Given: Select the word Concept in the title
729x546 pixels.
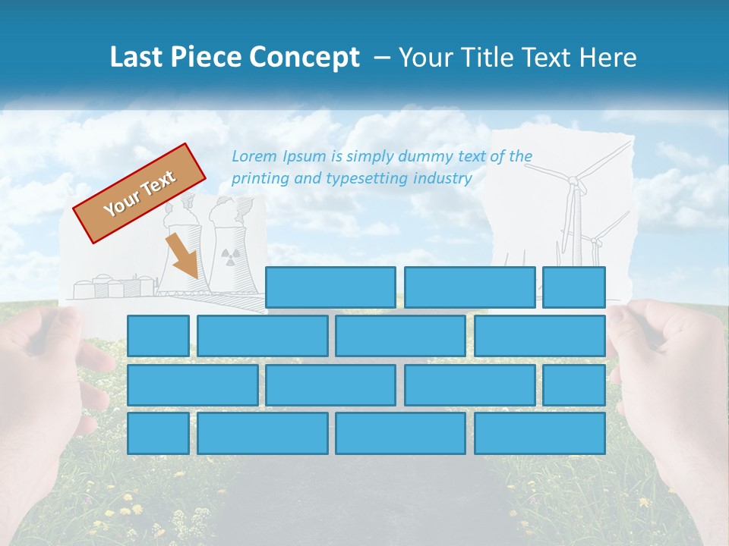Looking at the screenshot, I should (x=305, y=58).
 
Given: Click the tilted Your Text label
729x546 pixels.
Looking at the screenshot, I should (x=140, y=193).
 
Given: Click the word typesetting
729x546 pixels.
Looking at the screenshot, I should (x=367, y=179).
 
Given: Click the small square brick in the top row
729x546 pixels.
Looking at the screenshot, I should (x=574, y=287).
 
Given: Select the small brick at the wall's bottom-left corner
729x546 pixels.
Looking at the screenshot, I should (x=158, y=434).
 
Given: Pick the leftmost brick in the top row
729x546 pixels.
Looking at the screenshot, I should (x=330, y=287).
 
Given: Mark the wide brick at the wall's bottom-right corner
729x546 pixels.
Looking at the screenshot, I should (x=540, y=434).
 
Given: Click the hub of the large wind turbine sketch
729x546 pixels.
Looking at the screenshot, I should (x=574, y=181).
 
